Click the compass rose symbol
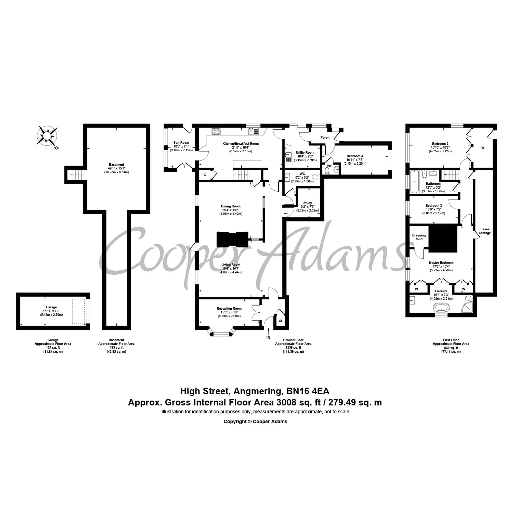pyautogui.click(x=47, y=136)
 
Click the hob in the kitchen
pyautogui.click(x=217, y=131)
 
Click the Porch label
pyautogui.click(x=325, y=137)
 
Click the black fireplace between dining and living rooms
pyautogui.click(x=233, y=239)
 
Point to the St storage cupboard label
pyautogui.click(x=281, y=321)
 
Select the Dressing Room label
pyautogui.click(x=419, y=237)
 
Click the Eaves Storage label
pyautogui.click(x=485, y=231)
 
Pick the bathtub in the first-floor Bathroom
pyautogui.click(x=414, y=182)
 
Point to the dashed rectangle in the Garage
pyautogui.click(x=79, y=311)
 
